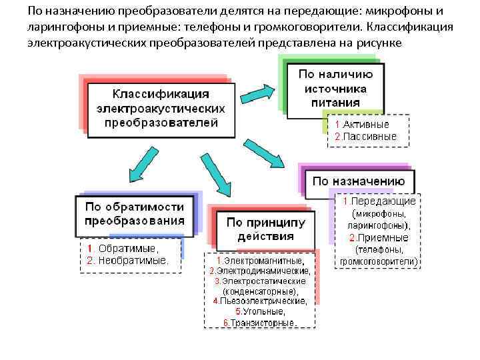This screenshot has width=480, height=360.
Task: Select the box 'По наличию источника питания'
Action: pos(335,87)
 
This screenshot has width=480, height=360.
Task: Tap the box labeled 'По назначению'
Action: pos(359,181)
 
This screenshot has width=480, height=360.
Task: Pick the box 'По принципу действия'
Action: pos(265,229)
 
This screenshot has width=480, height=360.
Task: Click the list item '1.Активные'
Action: pos(362,124)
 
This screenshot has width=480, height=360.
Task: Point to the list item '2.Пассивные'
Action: pos(365,136)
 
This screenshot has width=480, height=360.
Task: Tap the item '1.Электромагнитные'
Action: pos(260,260)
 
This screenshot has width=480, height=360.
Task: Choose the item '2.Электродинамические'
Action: pos(259,271)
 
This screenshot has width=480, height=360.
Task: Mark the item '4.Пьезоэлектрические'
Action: pos(260,301)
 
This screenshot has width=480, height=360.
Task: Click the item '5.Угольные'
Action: pos(260,312)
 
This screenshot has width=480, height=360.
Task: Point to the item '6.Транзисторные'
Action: pos(260,323)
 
